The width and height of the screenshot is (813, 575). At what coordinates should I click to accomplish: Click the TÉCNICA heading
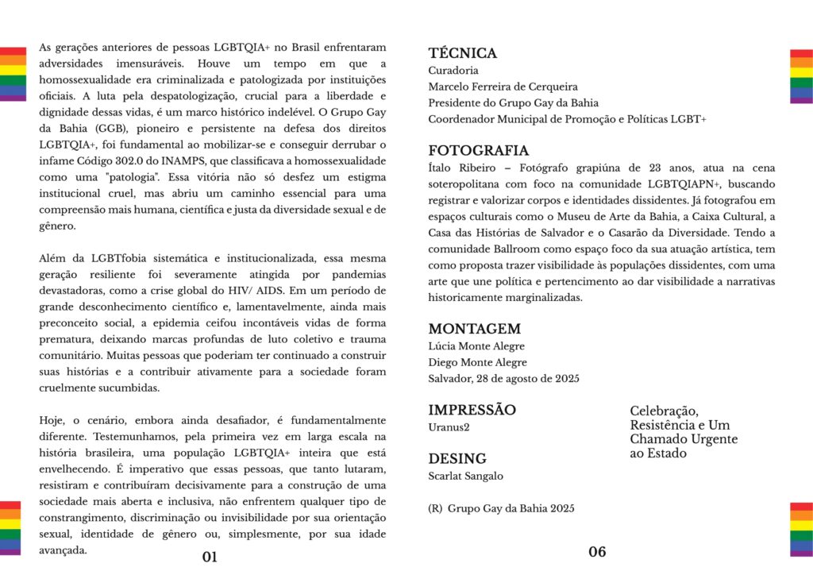click(462, 54)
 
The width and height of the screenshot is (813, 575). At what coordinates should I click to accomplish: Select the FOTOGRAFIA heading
click(478, 151)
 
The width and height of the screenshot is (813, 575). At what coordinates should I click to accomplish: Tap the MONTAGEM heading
click(474, 329)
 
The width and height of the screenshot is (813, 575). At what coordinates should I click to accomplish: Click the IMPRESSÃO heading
click(472, 410)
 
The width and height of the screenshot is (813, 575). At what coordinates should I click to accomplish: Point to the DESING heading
click(457, 459)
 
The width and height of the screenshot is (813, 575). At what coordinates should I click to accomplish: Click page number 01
click(210, 557)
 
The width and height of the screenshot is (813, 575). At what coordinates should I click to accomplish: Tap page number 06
click(597, 552)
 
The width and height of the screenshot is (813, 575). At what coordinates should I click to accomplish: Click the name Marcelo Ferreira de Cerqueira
click(503, 87)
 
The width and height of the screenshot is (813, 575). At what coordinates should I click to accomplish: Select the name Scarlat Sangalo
click(465, 476)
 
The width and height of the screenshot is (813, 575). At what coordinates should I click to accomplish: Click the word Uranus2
click(449, 427)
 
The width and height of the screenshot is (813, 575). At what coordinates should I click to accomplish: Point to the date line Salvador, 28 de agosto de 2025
click(503, 379)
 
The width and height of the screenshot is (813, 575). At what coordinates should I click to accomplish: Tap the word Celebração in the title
click(664, 411)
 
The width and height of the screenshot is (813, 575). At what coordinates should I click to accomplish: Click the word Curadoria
click(453, 71)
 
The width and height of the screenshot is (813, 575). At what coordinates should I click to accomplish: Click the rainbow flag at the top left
click(13, 75)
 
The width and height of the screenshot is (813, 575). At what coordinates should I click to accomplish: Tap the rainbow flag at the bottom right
click(801, 528)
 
